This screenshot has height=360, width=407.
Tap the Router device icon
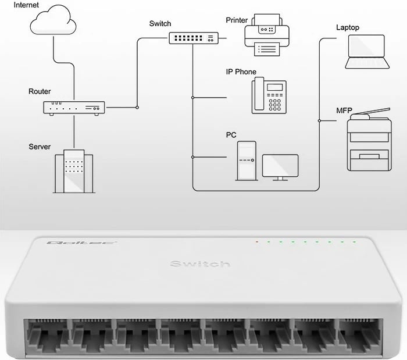coord(74,107)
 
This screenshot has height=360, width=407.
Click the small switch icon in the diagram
coord(192,38)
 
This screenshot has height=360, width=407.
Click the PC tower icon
coord(246,160)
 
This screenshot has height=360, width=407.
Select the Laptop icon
coord(366,52)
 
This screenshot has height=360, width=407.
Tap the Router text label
coord(40,91)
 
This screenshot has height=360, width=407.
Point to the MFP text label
coord(344,110)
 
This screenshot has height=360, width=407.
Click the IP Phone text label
coord(241,72)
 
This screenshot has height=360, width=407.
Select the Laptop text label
coord(348,27)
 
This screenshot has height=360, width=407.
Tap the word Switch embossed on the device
coord(199,264)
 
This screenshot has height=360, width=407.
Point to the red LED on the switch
coord(256,241)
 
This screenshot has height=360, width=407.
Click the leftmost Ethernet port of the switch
coord(46,340)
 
